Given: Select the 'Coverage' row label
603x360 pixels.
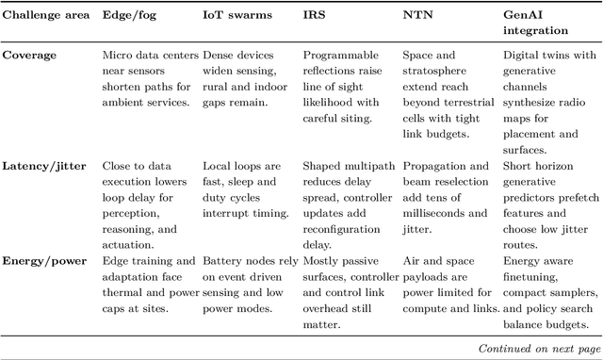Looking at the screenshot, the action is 30,56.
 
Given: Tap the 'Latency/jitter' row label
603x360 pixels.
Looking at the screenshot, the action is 45,166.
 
